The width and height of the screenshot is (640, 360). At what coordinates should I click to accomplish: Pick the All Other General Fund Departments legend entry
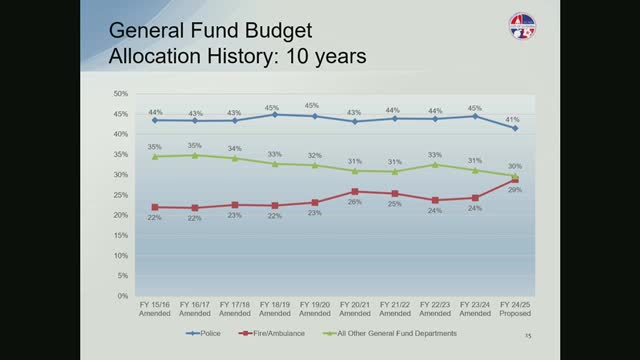(x=385, y=332)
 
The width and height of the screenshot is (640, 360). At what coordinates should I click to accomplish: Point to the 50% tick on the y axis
(x=119, y=94)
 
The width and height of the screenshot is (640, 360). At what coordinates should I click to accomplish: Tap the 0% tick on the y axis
(x=121, y=296)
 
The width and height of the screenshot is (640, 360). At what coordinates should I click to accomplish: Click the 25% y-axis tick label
(x=119, y=195)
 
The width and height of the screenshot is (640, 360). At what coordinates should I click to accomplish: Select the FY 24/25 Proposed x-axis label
(x=515, y=310)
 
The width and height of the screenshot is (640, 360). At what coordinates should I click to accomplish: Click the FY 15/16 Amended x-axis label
(x=155, y=310)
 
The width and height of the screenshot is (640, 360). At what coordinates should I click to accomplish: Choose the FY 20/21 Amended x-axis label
(x=355, y=310)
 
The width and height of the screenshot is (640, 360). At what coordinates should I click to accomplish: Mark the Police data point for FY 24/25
(x=515, y=128)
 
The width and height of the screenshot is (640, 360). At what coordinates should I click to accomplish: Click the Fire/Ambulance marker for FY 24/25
(x=515, y=181)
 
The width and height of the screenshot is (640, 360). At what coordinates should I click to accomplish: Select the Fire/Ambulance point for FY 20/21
(x=355, y=191)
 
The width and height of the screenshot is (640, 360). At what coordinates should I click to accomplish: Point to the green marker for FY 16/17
(x=195, y=155)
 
